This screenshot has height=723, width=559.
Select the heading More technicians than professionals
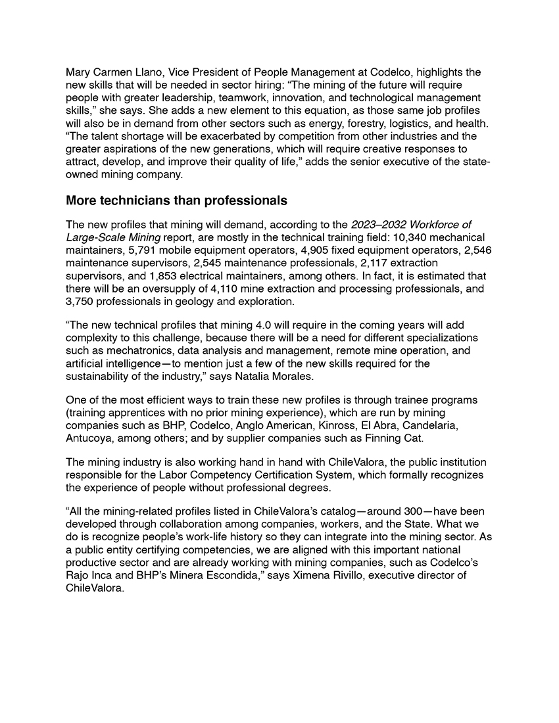coord(176,200)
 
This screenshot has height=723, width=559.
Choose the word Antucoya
coord(89,438)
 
